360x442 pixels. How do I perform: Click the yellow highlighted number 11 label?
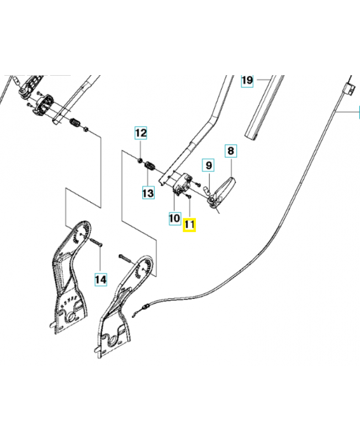(x=189, y=225)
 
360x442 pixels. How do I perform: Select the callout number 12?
(x=141, y=133)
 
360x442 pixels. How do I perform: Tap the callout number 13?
(x=148, y=193)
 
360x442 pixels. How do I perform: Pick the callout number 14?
(x=101, y=280)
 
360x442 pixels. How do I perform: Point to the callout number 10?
(x=174, y=218)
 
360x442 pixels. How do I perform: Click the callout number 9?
(x=209, y=165)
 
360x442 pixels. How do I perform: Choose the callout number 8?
(x=231, y=151)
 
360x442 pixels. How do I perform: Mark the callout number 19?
(x=247, y=81)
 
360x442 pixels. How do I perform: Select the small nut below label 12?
(x=139, y=160)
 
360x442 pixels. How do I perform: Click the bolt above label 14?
(x=96, y=242)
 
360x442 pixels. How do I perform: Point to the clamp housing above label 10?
(x=182, y=183)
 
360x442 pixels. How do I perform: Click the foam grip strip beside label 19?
(x=265, y=107)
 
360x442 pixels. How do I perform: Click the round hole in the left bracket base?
(x=70, y=317)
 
